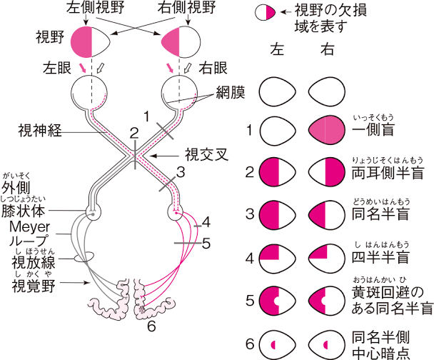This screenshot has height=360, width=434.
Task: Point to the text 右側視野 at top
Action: tap(183, 10)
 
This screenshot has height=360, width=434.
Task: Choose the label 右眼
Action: tap(213, 69)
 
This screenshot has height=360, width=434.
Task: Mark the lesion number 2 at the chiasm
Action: tap(133, 132)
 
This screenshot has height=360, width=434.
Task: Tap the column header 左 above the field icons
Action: tap(278, 51)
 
